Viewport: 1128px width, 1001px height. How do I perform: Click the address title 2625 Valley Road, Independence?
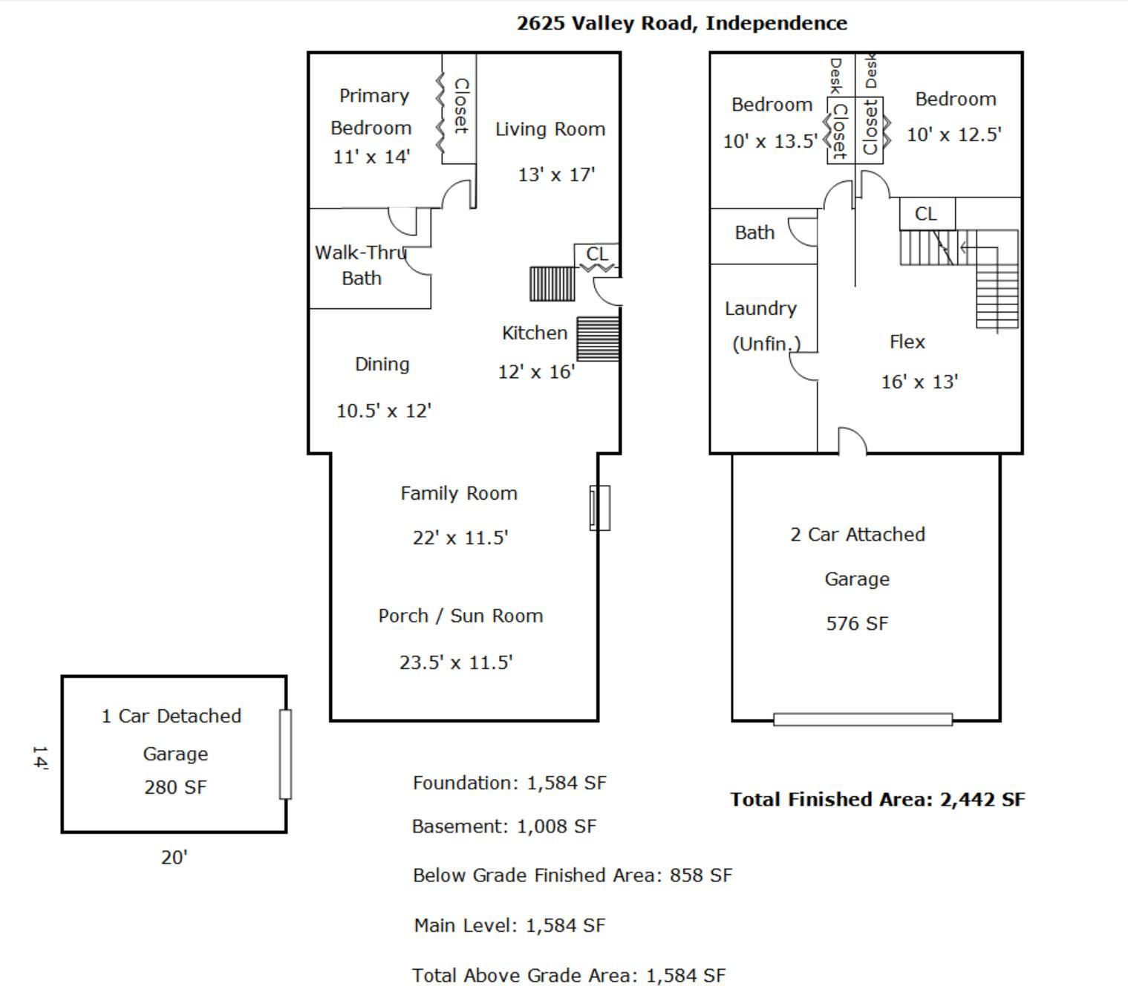coord(682,23)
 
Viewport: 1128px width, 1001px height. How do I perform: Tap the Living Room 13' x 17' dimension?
coord(556,175)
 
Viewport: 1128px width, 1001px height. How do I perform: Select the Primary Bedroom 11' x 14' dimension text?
coord(371,157)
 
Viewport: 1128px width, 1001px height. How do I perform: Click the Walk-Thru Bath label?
coord(361,265)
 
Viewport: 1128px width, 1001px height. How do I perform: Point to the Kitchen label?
coord(535,333)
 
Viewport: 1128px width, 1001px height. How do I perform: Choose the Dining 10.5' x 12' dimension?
coord(384,411)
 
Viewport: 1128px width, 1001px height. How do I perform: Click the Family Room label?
coord(459,494)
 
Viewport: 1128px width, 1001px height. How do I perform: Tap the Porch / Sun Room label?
coord(460,616)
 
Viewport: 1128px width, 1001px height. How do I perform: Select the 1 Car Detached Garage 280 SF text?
coord(175,787)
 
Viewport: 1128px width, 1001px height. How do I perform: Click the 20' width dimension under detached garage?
coord(175,858)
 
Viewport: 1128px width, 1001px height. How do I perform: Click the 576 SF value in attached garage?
coord(857,624)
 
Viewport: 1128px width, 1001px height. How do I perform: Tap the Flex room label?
coord(907,342)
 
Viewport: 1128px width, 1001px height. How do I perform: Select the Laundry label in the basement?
coord(760,309)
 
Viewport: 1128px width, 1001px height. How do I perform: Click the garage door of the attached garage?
coord(863,719)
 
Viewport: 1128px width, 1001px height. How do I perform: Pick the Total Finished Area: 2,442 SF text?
coord(877,800)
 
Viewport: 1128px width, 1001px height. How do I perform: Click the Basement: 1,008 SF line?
coord(504,826)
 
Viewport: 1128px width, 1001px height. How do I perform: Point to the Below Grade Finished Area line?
coord(573,876)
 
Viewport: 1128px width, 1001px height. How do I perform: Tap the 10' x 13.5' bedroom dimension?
coord(770,141)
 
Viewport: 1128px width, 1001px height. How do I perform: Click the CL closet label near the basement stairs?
coord(926,214)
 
